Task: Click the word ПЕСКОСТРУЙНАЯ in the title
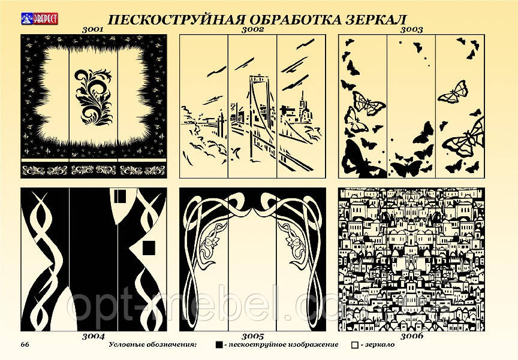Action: point(158,18)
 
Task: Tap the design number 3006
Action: point(412,336)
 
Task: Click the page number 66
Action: point(26,344)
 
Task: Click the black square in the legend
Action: point(219,345)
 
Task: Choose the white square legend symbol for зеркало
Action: point(355,345)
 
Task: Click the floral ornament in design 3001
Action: point(95,97)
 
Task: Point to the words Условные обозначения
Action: point(153,345)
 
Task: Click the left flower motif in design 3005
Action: point(213,241)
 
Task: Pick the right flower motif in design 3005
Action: point(295,241)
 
